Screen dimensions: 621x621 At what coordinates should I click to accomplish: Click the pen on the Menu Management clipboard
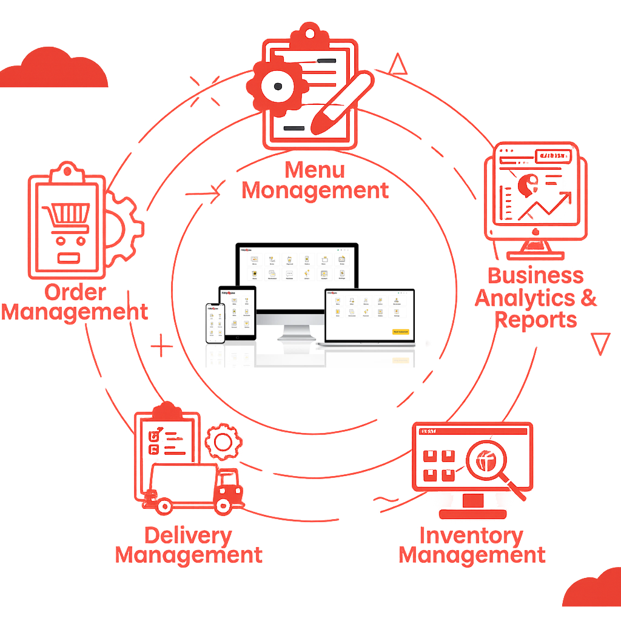coord(340,104)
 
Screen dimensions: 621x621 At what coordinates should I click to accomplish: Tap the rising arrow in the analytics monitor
coord(544,208)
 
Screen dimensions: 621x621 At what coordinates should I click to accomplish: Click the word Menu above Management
coord(315,170)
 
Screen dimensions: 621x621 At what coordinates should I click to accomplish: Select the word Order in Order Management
coord(75,292)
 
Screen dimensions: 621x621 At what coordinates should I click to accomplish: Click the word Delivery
coord(188,535)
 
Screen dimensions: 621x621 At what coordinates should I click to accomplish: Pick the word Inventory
coord(471,535)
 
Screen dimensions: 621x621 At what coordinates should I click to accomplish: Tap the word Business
coord(535,275)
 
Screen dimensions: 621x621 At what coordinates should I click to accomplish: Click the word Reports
coord(535,320)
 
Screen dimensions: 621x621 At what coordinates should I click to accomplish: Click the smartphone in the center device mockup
coord(215,323)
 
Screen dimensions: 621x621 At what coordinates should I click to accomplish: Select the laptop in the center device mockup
coord(369,317)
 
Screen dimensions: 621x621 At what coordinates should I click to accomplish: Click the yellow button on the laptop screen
coord(401,332)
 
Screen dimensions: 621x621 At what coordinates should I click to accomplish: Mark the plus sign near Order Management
coord(161,347)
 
